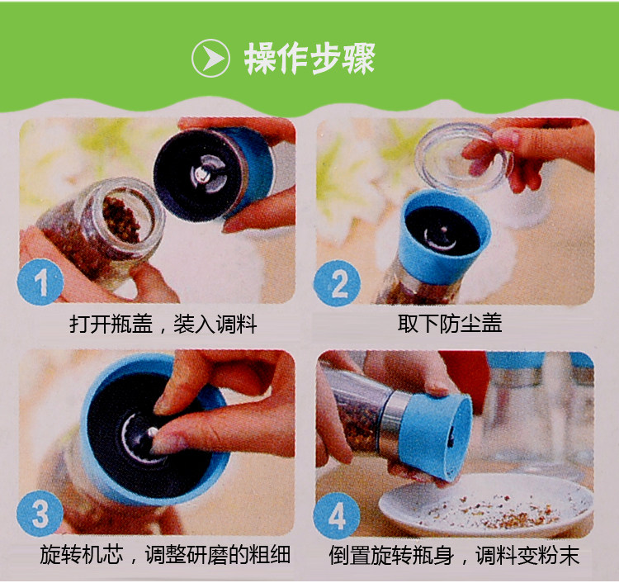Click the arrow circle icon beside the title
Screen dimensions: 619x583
point(210,58)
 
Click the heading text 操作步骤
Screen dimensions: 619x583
point(309,59)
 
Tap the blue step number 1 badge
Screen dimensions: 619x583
point(40,282)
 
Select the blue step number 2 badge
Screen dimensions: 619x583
point(337,282)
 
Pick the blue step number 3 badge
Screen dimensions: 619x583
point(40,514)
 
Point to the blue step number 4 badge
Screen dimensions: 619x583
point(337,515)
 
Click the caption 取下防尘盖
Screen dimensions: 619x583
point(450,324)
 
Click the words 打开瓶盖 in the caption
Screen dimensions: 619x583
point(111,325)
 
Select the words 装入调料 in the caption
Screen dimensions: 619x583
point(215,325)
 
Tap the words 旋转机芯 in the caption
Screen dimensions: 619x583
point(82,555)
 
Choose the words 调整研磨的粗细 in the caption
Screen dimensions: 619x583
point(218,555)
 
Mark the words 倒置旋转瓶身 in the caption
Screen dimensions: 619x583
point(391,556)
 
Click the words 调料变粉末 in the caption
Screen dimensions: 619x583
point(527,556)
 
